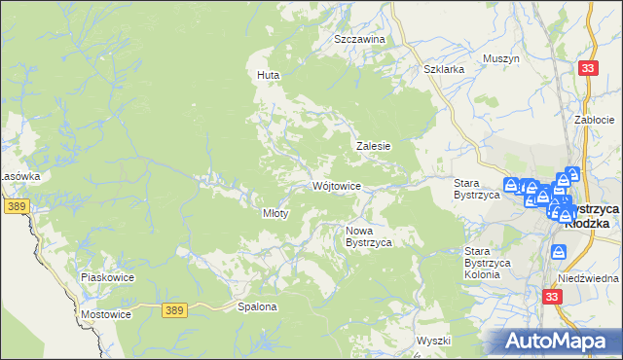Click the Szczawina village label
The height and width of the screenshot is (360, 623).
(360, 39)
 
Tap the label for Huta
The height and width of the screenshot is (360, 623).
(268, 74)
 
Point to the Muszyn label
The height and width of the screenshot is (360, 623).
(502, 58)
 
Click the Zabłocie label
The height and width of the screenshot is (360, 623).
(594, 120)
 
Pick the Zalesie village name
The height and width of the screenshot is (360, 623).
(373, 146)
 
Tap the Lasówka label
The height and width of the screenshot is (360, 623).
(19, 176)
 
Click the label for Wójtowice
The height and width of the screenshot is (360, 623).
(338, 186)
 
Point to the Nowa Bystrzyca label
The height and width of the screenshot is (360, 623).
(369, 236)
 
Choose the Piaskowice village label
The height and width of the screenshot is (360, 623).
(107, 277)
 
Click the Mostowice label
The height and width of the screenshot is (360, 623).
(106, 316)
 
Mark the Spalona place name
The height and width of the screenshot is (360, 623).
(258, 307)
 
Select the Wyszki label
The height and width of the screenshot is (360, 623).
(434, 341)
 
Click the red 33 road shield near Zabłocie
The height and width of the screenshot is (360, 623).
(587, 67)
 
